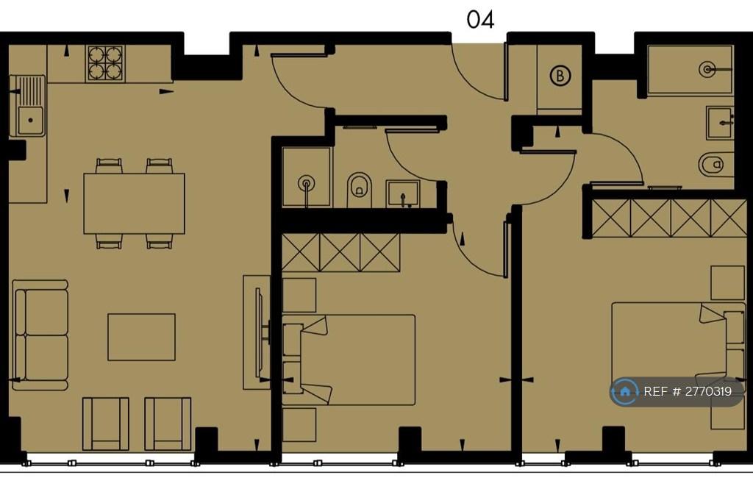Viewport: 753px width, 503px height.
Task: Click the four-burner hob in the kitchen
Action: pyautogui.click(x=105, y=63)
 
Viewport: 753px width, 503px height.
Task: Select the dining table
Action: pyautogui.click(x=134, y=203)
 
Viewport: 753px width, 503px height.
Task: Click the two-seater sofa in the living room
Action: pyautogui.click(x=40, y=335)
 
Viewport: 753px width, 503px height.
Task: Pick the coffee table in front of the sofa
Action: pyautogui.click(x=141, y=337)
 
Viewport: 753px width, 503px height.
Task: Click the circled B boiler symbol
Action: pyautogui.click(x=560, y=76)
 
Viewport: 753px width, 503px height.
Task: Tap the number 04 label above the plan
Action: pyautogui.click(x=480, y=20)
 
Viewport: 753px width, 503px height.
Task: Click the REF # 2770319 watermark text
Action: pyautogui.click(x=688, y=391)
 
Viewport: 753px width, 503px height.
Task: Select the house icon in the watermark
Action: pyautogui.click(x=624, y=391)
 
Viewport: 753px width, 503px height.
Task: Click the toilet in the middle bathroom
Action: pyautogui.click(x=360, y=190)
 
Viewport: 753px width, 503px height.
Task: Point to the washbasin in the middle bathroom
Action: pyautogui.click(x=402, y=193)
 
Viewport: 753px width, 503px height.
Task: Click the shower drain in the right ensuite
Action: pyautogui.click(x=707, y=69)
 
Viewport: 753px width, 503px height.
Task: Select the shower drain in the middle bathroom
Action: pyautogui.click(x=306, y=184)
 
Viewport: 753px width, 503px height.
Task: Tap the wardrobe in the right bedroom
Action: pyautogui.click(x=669, y=218)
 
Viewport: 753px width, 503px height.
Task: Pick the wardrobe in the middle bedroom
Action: pyautogui.click(x=340, y=253)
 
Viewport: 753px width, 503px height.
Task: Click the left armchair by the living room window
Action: pyautogui.click(x=106, y=424)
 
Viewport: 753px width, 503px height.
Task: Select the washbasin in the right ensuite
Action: pyautogui.click(x=719, y=123)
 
